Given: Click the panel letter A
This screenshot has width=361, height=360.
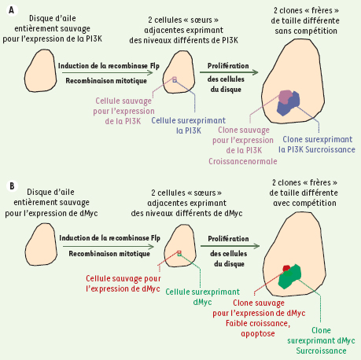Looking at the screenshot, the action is [x=11, y=10].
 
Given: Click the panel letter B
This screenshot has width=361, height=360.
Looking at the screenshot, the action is [x=12, y=186].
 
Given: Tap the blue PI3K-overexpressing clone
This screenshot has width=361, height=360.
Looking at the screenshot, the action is [x=289, y=105].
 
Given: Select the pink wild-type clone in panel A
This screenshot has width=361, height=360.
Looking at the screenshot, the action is [x=285, y=97].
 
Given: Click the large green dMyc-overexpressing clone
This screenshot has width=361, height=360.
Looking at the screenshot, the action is [x=289, y=277].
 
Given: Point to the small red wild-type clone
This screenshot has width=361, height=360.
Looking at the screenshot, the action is [x=286, y=268].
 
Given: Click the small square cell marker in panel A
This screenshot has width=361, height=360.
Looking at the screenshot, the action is [x=175, y=80].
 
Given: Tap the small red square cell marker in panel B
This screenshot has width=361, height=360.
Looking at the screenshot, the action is [x=179, y=253].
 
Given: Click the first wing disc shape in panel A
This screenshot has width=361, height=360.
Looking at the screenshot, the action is [x=41, y=71].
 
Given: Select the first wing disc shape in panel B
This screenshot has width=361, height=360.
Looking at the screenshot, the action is [x=42, y=244].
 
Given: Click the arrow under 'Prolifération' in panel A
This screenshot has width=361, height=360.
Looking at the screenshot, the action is [x=229, y=72].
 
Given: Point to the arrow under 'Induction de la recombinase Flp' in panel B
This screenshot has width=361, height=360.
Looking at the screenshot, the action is [x=109, y=247].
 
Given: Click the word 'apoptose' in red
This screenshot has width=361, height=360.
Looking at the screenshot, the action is [x=258, y=334].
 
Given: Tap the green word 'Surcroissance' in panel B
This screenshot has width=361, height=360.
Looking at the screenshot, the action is [x=321, y=351].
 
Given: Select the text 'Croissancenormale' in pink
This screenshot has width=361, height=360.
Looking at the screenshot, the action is [x=243, y=161].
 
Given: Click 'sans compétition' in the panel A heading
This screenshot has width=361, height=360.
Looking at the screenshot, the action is [x=306, y=31].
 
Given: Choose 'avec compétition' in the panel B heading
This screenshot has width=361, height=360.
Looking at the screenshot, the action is [x=304, y=203].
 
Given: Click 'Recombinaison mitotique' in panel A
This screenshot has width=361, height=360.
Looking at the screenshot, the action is [x=106, y=81].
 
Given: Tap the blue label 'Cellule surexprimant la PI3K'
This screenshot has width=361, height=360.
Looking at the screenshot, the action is [x=189, y=126].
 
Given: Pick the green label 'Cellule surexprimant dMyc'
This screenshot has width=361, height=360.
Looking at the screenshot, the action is [x=203, y=297].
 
